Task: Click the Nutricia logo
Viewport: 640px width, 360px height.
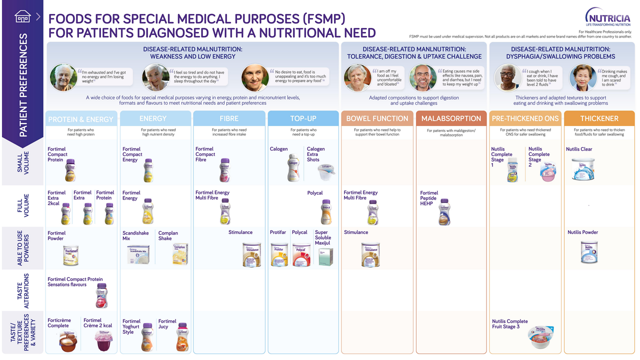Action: tap(608, 17)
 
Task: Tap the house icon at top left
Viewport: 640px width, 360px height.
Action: tap(22, 16)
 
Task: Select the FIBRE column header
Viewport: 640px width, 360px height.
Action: tap(229, 118)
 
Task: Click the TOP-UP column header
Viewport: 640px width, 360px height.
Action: tap(303, 118)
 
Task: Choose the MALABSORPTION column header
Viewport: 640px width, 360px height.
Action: tap(451, 118)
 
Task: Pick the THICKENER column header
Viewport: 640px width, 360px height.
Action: tap(599, 118)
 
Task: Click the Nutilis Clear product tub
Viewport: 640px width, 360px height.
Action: tap(583, 169)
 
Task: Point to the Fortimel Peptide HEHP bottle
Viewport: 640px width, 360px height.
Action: tap(443, 212)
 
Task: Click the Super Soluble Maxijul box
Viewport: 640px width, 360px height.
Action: tap(325, 256)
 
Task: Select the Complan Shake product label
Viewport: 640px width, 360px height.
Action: tap(168, 235)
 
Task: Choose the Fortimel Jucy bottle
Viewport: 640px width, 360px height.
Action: tap(182, 337)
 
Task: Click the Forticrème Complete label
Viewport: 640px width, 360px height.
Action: tap(58, 323)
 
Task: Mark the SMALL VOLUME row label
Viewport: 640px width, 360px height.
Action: tap(23, 162)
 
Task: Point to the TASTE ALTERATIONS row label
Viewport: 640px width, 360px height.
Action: tap(23, 290)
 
